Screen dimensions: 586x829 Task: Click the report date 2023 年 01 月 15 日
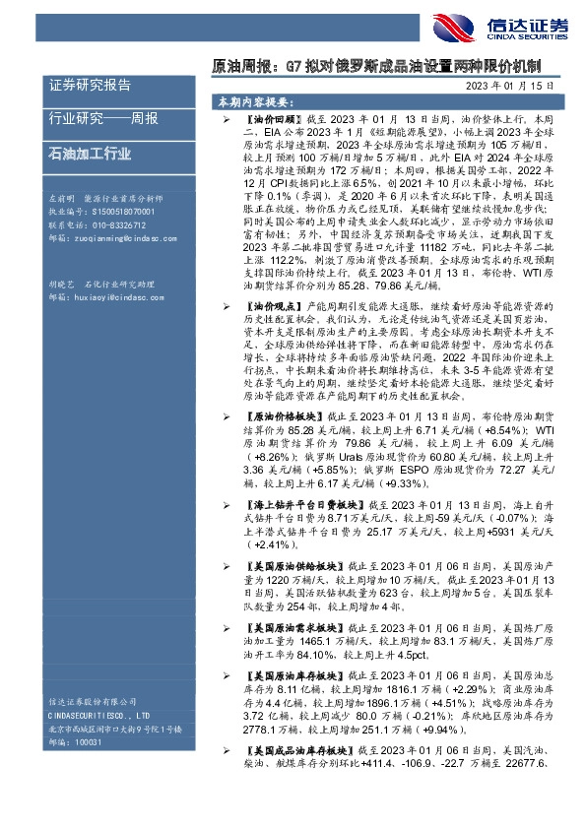coord(516,86)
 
